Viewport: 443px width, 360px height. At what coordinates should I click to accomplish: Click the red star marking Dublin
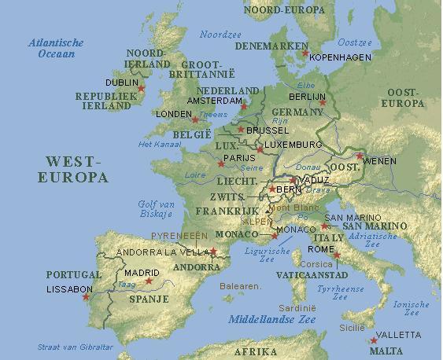click(142, 88)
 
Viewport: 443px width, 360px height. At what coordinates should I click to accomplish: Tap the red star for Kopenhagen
click(305, 53)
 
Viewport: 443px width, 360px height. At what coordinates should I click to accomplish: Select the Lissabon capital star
click(86, 296)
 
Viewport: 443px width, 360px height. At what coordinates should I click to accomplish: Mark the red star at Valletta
click(373, 340)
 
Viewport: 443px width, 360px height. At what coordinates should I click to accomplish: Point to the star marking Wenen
click(359, 157)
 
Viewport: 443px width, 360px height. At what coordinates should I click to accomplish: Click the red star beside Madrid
click(148, 281)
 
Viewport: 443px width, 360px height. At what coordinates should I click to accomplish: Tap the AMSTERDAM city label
click(213, 101)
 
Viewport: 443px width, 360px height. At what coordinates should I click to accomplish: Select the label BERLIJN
click(308, 96)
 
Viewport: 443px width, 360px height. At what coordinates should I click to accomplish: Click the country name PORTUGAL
click(74, 275)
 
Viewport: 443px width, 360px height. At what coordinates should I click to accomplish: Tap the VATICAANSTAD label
click(312, 276)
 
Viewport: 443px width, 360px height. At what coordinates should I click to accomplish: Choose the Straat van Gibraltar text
click(76, 347)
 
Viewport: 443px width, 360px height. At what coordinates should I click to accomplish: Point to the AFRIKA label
click(256, 351)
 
